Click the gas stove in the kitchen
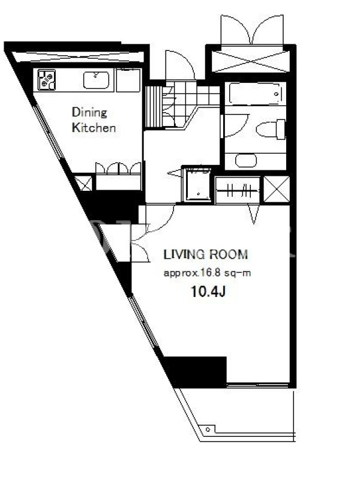[x=46, y=80]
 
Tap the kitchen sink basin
[x=96, y=80]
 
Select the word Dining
[x=89, y=113]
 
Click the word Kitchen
[x=94, y=128]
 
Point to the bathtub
[x=254, y=94]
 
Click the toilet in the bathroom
[x=271, y=129]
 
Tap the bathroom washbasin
[x=246, y=160]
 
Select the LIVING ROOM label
[x=206, y=254]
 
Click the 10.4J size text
[x=208, y=291]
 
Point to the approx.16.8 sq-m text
[x=207, y=273]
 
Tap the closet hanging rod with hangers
[x=238, y=191]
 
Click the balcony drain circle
[x=208, y=429]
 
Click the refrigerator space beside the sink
[x=128, y=80]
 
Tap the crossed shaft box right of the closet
[x=277, y=189]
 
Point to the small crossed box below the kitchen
[x=83, y=183]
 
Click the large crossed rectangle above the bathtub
[x=250, y=62]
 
